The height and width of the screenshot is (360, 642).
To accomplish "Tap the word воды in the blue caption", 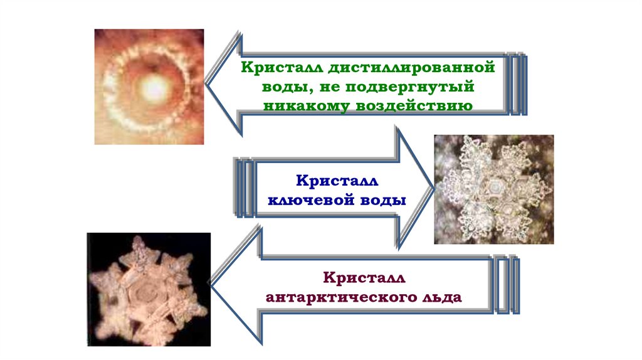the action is tap(382, 200).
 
